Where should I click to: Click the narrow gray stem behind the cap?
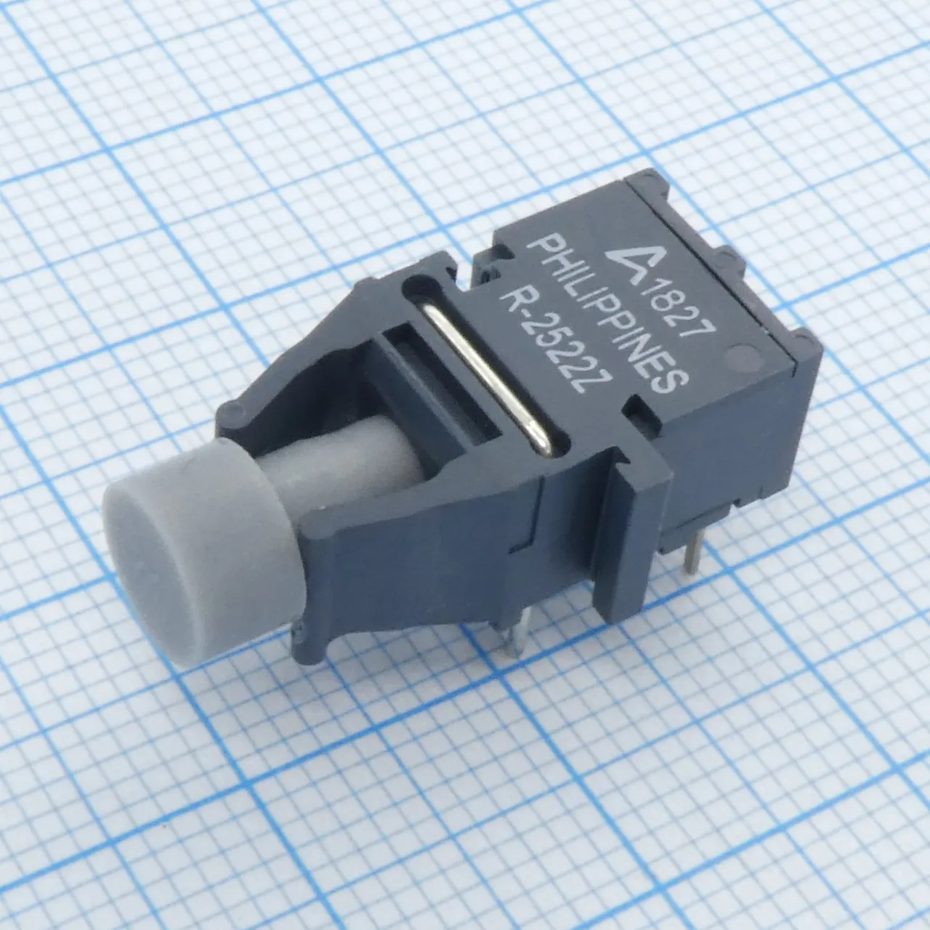pos(333,465)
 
